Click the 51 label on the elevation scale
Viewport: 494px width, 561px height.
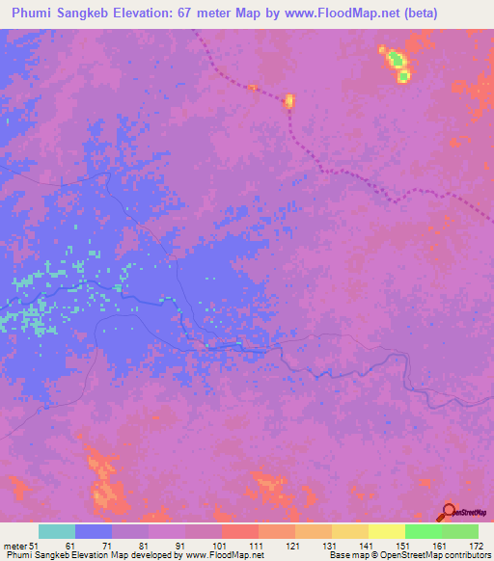[33, 546]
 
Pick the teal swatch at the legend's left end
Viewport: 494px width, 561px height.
[56, 531]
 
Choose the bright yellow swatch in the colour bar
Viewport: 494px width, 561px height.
[386, 531]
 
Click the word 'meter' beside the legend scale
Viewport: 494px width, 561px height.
[14, 546]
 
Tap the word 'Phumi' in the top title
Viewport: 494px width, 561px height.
[32, 13]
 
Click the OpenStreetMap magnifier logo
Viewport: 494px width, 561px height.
[447, 512]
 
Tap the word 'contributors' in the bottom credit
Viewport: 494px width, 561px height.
[465, 555]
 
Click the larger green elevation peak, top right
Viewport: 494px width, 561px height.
[396, 61]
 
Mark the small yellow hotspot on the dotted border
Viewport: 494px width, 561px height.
[288, 100]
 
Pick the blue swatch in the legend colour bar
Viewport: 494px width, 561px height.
[93, 531]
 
